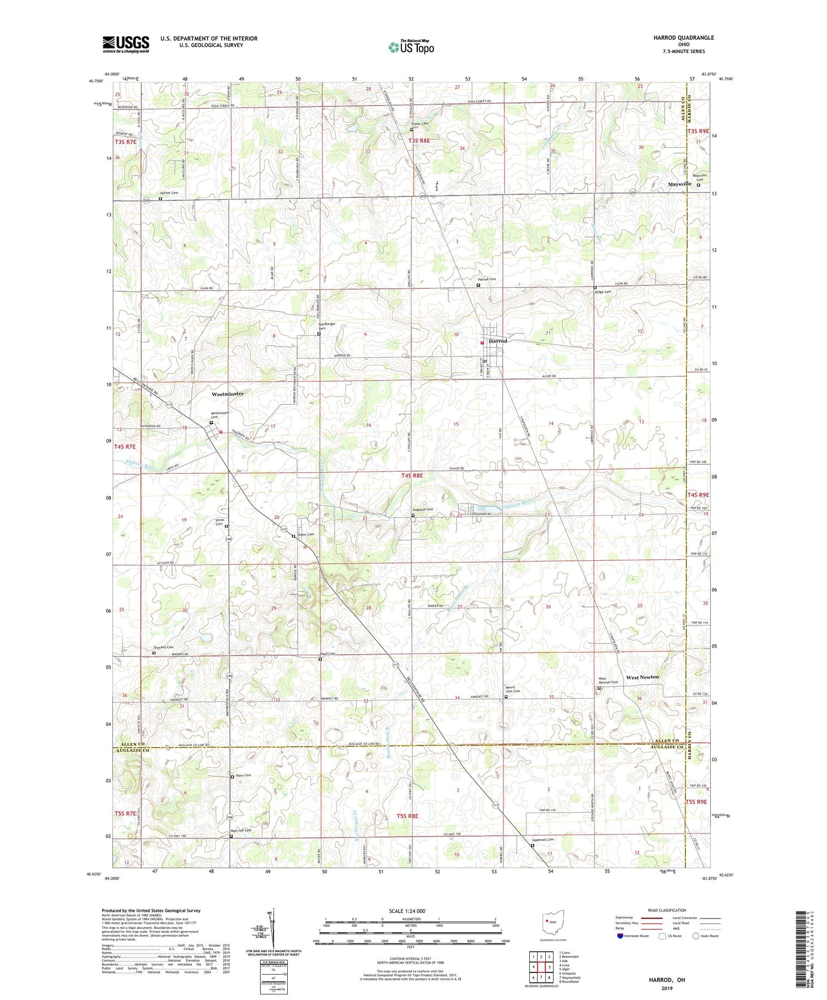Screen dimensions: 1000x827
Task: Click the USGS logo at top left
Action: pos(126,44)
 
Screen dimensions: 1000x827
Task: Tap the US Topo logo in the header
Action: pos(411,47)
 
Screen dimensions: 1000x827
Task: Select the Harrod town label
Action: pos(498,341)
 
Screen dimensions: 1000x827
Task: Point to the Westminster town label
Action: pos(227,394)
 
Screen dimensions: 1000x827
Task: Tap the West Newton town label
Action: pos(642,677)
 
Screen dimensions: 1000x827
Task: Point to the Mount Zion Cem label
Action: pos(513,689)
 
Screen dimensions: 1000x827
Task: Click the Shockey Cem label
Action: pos(163,647)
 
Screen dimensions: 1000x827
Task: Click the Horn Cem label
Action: pos(244,775)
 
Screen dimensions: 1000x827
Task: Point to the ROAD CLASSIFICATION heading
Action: pos(667,910)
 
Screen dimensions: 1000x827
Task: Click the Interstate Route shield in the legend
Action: pos(620,936)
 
